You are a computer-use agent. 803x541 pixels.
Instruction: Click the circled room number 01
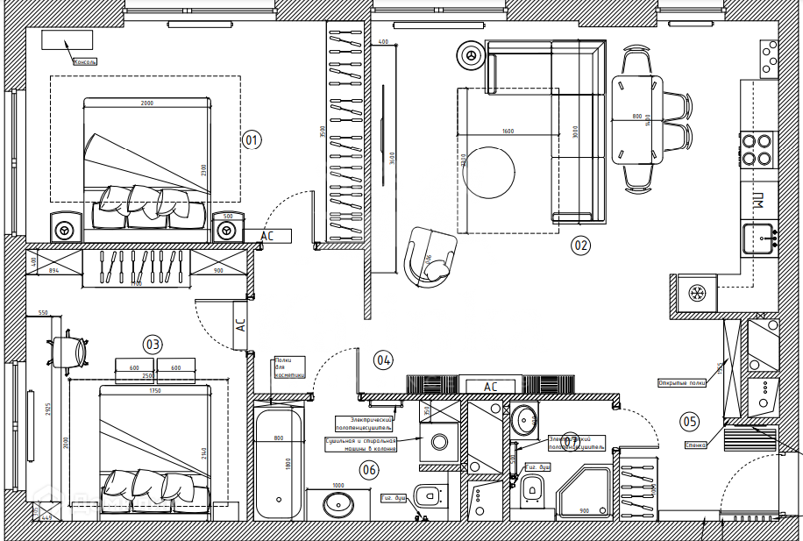coord(252,139)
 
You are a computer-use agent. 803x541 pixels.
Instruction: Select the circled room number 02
coord(580,246)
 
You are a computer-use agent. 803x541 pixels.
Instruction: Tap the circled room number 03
coord(153,345)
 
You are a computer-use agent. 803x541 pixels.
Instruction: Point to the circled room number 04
coord(383,359)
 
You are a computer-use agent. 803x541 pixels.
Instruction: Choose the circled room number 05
coord(690,422)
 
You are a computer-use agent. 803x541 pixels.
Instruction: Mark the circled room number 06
coord(369,470)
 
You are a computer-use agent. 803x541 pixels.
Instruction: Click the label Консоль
coord(85,62)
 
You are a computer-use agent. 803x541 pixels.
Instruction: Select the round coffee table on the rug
coord(489,174)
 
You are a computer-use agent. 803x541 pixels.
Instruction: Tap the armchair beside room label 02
coord(430,256)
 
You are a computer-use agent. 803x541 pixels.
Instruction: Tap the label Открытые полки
coord(682,383)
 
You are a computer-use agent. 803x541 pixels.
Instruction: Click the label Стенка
coord(696,445)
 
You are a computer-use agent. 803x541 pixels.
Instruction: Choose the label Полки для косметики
coord(290,367)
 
